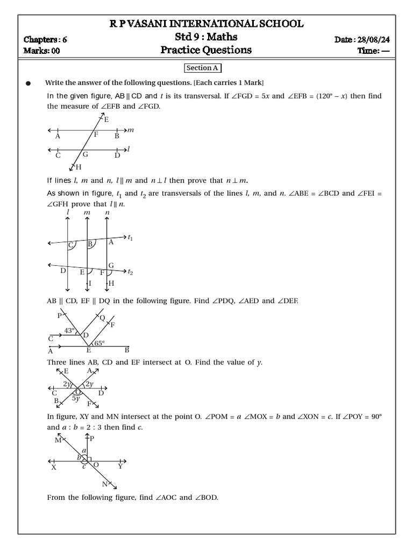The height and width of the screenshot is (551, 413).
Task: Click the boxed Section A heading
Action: tap(203, 68)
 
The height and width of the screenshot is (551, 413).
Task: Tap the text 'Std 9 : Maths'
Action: tap(206, 37)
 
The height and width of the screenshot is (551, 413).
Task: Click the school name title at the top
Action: tap(206, 24)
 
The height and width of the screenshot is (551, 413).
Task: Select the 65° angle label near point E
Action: tap(99, 343)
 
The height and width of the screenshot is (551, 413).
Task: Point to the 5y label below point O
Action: tap(76, 399)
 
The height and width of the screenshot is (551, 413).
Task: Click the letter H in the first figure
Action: tap(79, 167)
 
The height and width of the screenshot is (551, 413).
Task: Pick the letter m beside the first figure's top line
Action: tap(130, 130)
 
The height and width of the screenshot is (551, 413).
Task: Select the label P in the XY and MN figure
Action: tap(92, 439)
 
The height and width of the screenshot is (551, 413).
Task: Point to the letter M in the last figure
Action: tap(58, 440)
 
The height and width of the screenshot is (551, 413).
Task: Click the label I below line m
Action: tap(90, 283)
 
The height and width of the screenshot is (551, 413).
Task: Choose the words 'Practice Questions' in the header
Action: tap(206, 51)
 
